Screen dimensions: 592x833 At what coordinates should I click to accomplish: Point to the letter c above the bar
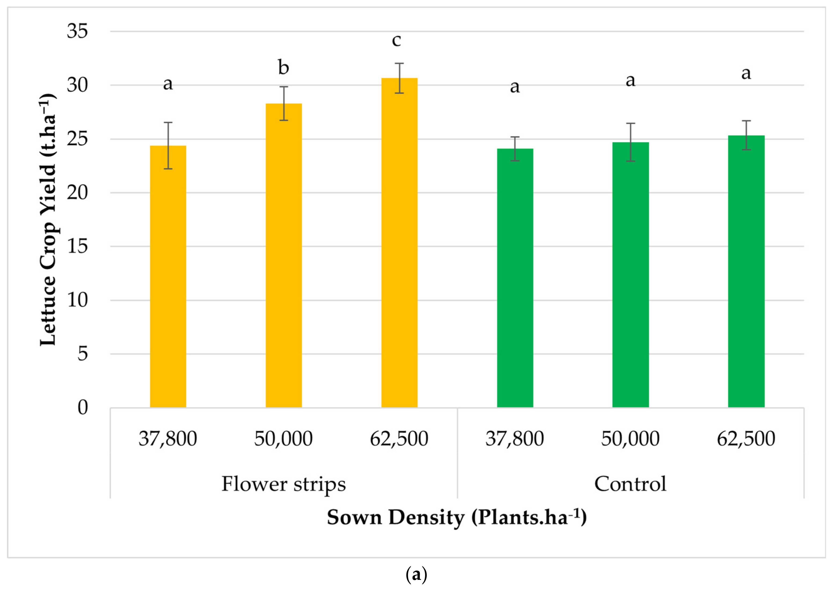coord(396,40)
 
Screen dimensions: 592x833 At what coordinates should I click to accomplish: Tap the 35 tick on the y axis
coord(77,31)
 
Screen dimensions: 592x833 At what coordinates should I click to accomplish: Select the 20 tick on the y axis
coord(77,192)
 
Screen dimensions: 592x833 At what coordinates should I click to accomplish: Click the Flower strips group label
coord(283,484)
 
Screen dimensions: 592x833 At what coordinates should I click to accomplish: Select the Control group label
coord(630,484)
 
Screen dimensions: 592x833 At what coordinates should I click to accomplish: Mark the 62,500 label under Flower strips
coord(399,439)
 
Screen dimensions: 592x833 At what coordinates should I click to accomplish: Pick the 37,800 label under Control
coord(515,439)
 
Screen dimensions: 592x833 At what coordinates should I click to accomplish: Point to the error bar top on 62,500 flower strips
coord(399,63)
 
